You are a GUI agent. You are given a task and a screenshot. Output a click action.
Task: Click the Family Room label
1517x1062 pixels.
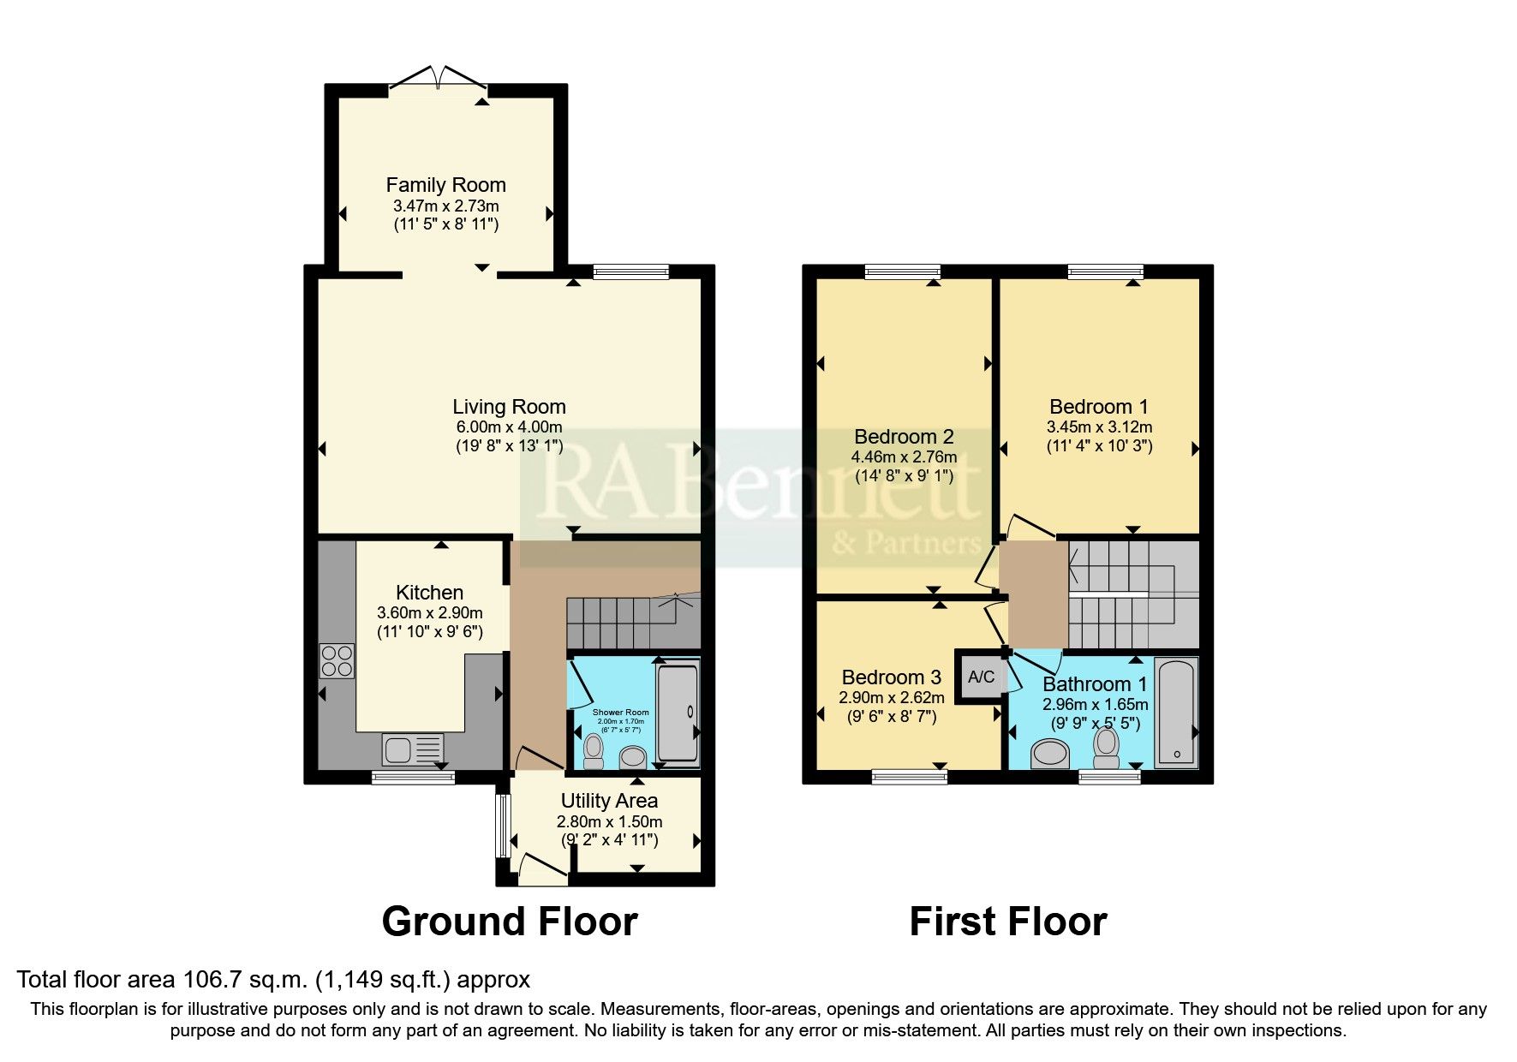(445, 185)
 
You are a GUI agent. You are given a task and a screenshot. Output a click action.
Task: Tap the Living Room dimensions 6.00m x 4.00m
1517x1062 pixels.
(509, 427)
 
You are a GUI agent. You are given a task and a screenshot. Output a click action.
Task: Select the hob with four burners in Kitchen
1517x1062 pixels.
(336, 660)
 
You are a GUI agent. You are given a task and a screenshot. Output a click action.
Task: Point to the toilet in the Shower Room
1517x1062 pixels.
(593, 751)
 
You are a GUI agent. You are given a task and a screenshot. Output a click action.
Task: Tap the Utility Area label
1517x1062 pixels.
(609, 801)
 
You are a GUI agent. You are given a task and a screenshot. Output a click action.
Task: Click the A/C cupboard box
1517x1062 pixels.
(981, 677)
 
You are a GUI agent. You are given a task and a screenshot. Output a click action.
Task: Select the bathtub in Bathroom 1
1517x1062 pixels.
(1177, 713)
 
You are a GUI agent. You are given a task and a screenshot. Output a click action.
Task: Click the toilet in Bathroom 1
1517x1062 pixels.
(1107, 748)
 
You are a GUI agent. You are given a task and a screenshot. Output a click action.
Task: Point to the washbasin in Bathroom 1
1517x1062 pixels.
(1051, 755)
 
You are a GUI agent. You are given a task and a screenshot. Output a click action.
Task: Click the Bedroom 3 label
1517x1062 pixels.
(891, 677)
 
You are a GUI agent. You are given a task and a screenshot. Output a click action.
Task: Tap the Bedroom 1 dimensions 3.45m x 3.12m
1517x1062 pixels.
(1099, 427)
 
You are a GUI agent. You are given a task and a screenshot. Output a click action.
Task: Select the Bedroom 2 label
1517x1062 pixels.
(904, 437)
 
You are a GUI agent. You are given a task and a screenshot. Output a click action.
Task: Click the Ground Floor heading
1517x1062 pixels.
(509, 922)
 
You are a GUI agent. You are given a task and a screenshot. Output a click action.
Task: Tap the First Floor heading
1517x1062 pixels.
(1007, 922)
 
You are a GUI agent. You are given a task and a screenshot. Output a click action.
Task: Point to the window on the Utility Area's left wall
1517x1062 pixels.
(503, 826)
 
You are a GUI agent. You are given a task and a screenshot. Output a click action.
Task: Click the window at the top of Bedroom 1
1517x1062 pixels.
(1105, 272)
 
